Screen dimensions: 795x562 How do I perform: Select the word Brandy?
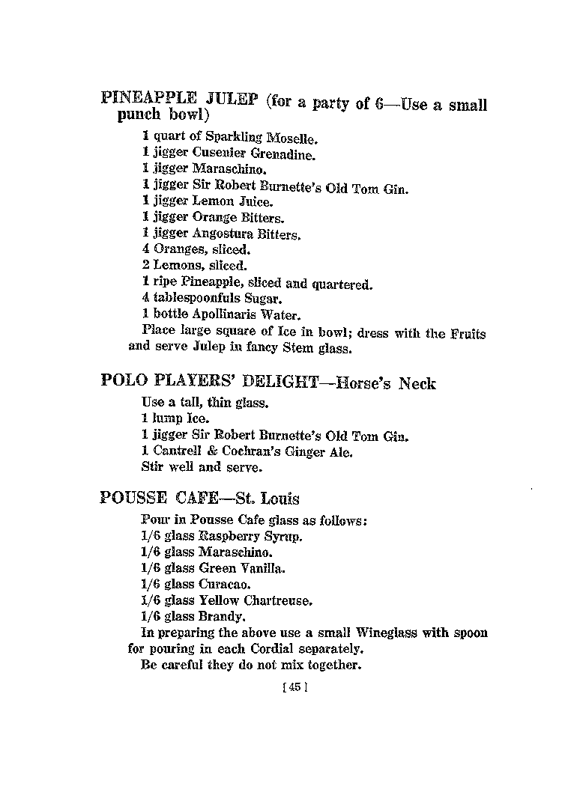tap(221, 617)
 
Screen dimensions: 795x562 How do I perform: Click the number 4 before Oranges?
tap(146, 249)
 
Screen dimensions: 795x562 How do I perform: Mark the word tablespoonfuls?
tap(199, 299)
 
